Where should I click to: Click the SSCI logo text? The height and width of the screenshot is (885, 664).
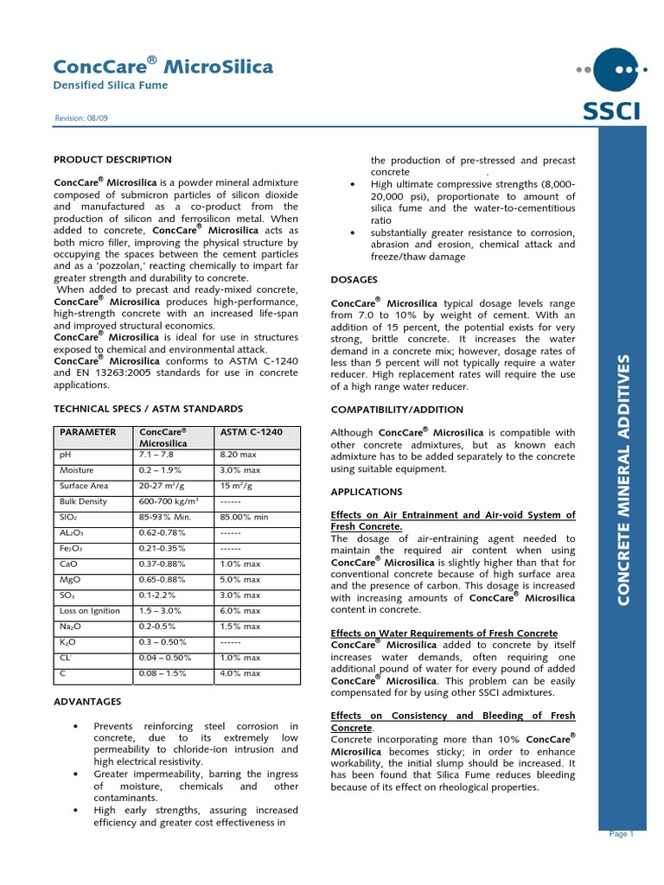click(x=612, y=111)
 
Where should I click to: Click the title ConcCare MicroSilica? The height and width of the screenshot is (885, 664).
click(x=163, y=67)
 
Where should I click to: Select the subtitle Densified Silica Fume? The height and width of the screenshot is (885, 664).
click(x=111, y=86)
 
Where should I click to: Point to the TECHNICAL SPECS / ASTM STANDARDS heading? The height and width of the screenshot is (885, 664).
click(x=148, y=409)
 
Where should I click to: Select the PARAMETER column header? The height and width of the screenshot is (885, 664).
click(x=87, y=432)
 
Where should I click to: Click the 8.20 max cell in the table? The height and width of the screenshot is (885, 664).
click(x=240, y=454)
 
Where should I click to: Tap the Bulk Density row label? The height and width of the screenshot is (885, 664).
click(x=83, y=501)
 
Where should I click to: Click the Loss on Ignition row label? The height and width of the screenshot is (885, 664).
click(x=91, y=610)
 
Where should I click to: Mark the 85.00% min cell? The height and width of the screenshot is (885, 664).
click(x=245, y=517)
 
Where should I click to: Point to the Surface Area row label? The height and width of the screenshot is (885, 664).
click(x=84, y=486)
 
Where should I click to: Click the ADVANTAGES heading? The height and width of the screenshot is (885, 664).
click(x=87, y=701)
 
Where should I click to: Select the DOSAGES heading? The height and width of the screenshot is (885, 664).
click(x=354, y=279)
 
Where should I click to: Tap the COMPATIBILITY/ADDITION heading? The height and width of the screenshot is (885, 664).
click(x=397, y=409)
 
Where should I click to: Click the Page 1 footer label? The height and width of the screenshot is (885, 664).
click(x=622, y=834)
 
